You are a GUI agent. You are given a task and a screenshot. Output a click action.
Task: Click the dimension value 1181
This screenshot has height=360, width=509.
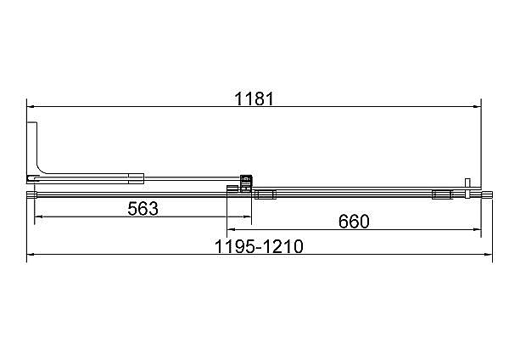click(x=255, y=98)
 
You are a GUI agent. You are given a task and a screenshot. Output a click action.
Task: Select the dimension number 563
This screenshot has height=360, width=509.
click(x=143, y=209)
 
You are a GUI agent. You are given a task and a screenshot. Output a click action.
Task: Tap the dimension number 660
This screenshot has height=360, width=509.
click(x=354, y=222)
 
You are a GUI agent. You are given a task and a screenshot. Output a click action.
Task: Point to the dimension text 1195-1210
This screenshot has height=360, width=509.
click(x=259, y=246)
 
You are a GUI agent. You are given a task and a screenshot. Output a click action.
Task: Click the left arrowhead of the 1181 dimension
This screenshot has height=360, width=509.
click(x=31, y=106)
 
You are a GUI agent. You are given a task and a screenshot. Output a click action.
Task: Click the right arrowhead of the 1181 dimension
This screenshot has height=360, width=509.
click(x=478, y=106)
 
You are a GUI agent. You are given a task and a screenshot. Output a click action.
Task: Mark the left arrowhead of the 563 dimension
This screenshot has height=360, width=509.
click(x=38, y=217)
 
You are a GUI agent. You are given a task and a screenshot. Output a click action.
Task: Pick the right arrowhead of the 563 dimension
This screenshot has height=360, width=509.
click(x=248, y=217)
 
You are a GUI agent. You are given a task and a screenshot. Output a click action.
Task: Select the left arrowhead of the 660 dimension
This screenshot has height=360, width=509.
click(x=231, y=230)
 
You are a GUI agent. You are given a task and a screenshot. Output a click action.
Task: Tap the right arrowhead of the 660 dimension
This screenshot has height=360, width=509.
click(x=478, y=230)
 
